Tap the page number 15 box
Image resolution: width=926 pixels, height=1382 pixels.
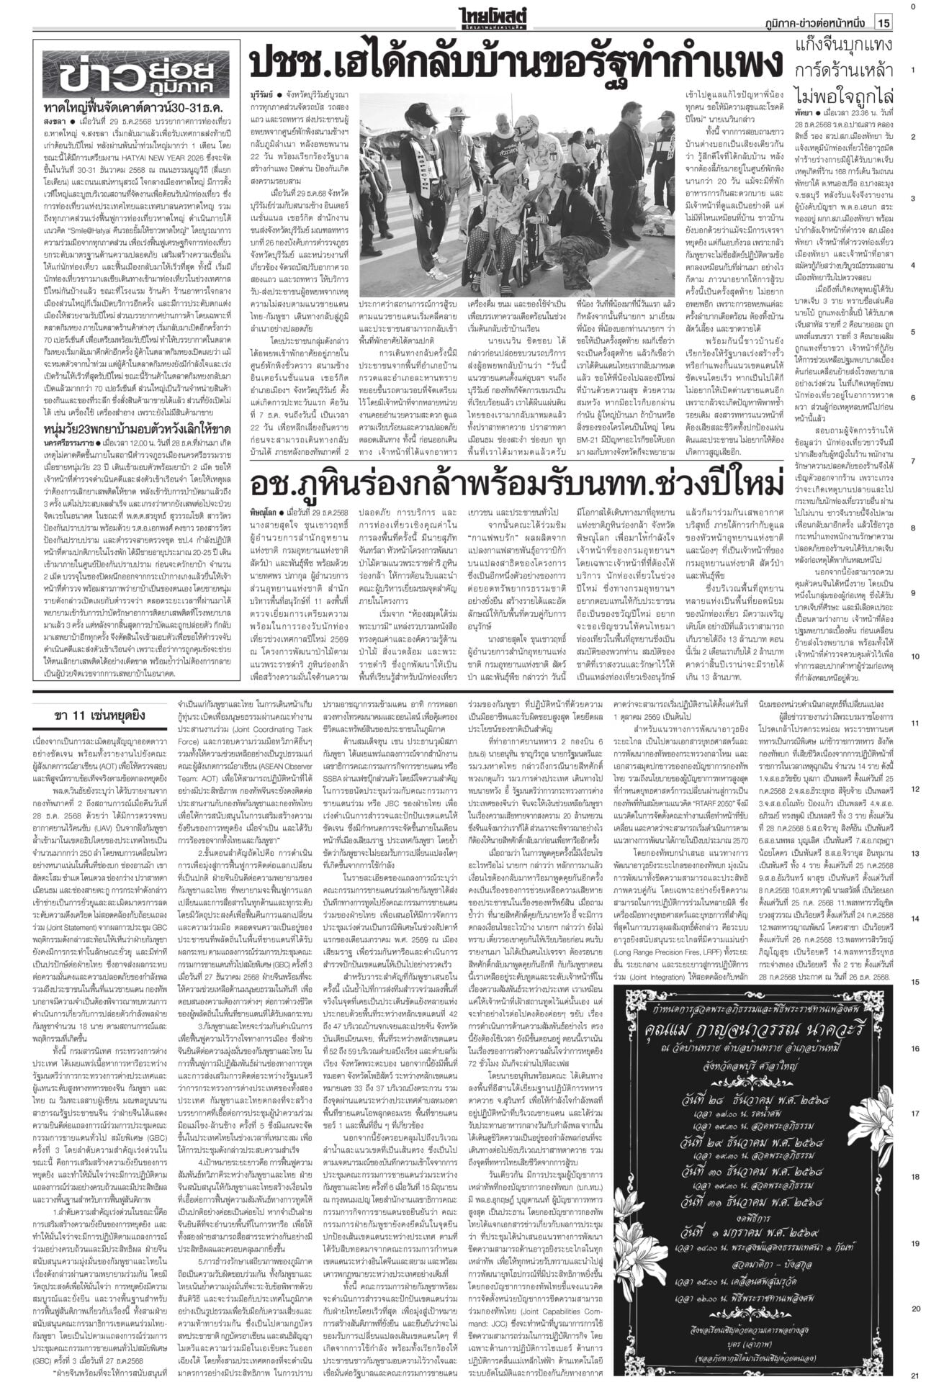click(x=884, y=23)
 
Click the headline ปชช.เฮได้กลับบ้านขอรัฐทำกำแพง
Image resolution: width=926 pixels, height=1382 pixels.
click(x=515, y=66)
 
